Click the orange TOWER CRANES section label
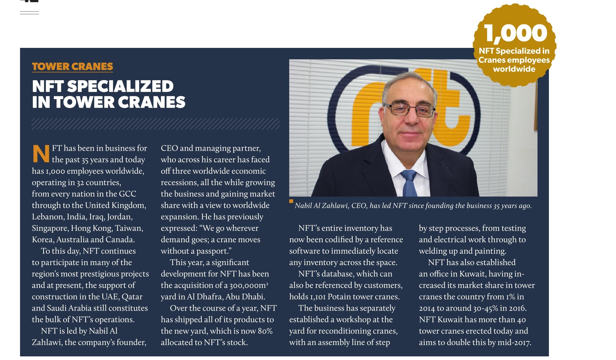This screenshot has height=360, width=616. pos(72,67)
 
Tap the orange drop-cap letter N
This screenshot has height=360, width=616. pos(41,154)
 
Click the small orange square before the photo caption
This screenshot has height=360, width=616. pos(291,201)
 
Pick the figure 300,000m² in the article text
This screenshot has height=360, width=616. pos(249,285)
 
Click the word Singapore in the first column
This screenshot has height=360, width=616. pos(50,228)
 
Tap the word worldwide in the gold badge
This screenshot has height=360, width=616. pos(514,69)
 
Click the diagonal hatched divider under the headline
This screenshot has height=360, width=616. pos(156,124)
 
